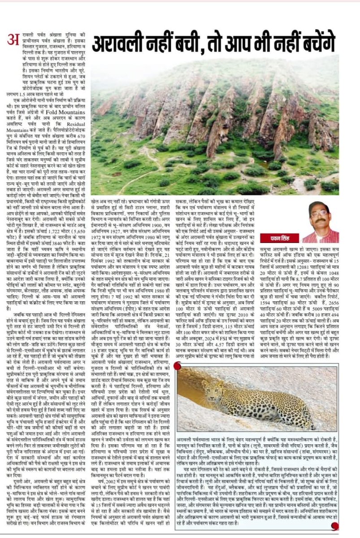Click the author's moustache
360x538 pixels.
(x=320, y=220)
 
